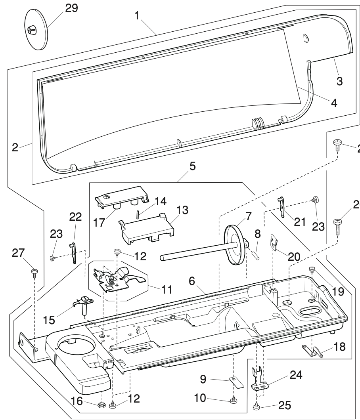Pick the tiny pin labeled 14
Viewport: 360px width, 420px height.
[137, 214]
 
